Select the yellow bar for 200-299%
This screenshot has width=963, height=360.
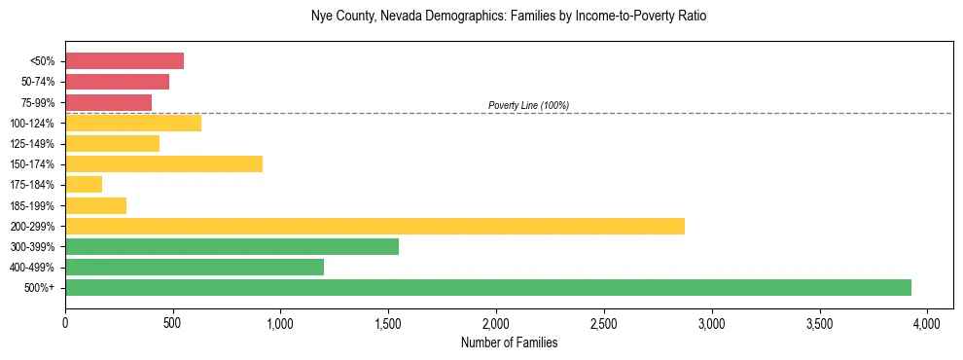[374, 227]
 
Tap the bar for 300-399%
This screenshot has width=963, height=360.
[232, 247]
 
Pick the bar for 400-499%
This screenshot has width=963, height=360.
[195, 268]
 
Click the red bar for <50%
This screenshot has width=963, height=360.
[125, 61]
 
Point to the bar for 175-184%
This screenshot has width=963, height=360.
[84, 185]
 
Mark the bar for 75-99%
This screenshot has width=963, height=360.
[108, 102]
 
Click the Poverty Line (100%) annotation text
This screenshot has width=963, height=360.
[528, 105]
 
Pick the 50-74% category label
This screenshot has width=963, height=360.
[40, 82]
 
